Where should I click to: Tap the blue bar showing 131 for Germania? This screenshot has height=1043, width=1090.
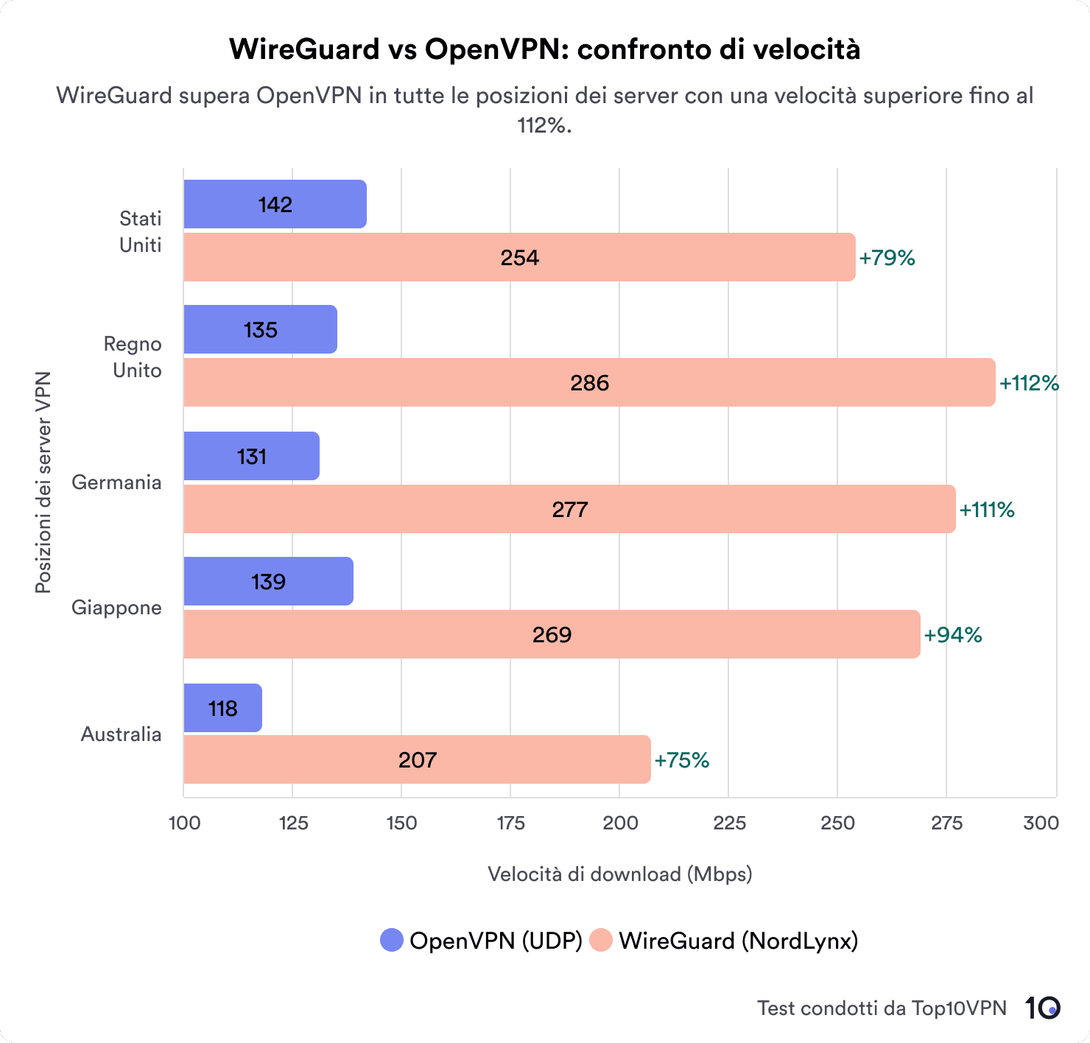[x=251, y=457]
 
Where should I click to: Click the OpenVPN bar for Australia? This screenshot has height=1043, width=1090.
[x=222, y=708]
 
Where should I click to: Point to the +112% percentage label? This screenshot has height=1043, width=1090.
[x=1029, y=383]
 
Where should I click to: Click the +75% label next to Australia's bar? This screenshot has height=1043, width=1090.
[x=681, y=760]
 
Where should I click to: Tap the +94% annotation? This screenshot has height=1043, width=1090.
[x=953, y=635]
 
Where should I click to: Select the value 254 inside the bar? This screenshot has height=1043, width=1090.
[x=520, y=258]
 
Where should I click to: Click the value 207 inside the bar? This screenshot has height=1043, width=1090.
[x=418, y=760]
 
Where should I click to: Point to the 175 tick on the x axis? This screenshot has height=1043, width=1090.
[x=510, y=823]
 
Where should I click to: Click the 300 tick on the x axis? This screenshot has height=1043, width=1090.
[x=1041, y=823]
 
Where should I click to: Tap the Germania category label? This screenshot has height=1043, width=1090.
[x=116, y=482]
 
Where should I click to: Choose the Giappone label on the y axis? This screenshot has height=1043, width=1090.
[x=116, y=608]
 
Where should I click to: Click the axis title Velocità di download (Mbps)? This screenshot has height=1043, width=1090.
[x=619, y=874]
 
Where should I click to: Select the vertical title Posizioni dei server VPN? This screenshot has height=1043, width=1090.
[x=43, y=482]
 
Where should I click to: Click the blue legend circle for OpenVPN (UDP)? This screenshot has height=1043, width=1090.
[x=392, y=941]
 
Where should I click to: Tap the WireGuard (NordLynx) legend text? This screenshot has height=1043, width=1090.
[x=738, y=941]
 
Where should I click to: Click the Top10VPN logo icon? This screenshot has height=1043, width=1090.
[x=1043, y=1008]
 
